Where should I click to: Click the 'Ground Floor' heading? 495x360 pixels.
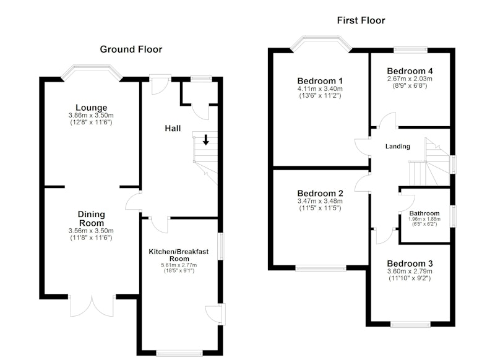tap(131, 49)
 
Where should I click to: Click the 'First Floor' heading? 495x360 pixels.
tap(361, 20)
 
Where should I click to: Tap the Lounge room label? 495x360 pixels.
tap(91, 108)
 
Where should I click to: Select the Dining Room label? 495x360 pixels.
tap(91, 218)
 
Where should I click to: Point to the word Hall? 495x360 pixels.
tap(173, 129)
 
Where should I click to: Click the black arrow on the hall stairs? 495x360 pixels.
tap(206, 140)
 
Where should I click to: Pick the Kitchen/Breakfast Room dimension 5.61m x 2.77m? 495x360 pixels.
tap(179, 265)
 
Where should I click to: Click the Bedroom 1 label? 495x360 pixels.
tap(320, 81)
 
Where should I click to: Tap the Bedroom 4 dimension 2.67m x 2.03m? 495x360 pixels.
tap(410, 79)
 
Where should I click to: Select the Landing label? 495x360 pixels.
tap(398, 147)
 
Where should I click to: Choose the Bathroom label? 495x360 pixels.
tap(424, 213)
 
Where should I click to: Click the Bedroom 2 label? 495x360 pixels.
tap(320, 194)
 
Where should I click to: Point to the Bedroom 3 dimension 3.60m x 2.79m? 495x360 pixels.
tap(410, 272)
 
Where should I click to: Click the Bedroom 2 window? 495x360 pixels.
tap(321, 268)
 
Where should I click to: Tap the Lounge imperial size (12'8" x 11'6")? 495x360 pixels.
tap(91, 122)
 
